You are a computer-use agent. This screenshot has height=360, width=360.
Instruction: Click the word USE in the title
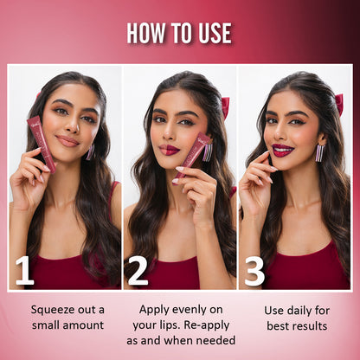click(213, 33)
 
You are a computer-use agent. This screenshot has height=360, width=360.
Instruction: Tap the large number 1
click(24, 270)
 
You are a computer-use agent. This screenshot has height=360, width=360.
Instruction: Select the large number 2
click(138, 270)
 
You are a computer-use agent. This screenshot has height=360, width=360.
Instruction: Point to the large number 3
click(254, 270)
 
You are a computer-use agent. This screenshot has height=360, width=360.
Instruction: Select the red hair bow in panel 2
click(225, 106)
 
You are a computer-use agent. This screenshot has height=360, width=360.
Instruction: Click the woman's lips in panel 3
click(283, 150)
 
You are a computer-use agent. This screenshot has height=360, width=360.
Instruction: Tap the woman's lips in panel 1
click(67, 140)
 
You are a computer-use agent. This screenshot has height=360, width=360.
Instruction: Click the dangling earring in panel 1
click(90, 151)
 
